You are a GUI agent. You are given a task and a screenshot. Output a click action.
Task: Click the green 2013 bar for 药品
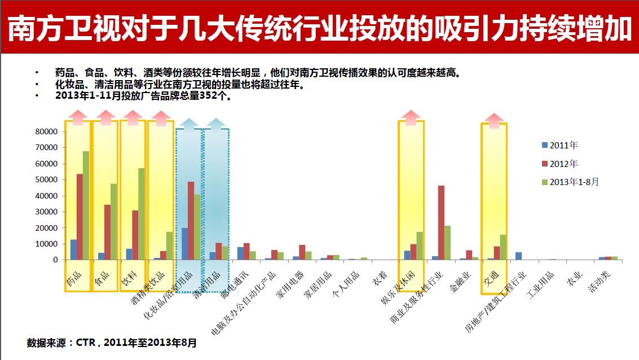86,205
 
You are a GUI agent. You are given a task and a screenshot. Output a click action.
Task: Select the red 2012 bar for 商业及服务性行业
441,222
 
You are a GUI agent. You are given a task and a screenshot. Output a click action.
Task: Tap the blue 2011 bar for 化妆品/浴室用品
185,244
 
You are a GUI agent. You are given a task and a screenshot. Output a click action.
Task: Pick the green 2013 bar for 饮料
142,214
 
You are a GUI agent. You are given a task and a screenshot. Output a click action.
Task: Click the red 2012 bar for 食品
107,232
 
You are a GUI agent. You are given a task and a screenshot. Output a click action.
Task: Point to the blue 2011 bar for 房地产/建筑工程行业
518,256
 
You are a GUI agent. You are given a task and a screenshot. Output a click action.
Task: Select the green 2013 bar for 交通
503,247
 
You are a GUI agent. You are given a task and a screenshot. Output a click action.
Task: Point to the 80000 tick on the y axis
47,131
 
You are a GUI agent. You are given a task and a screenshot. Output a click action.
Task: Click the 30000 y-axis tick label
47,212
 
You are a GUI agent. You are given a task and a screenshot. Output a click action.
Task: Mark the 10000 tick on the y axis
47,244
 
